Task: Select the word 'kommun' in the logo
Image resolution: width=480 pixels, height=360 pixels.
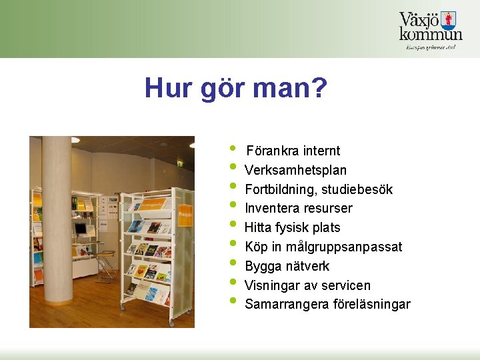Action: pyautogui.click(x=431, y=34)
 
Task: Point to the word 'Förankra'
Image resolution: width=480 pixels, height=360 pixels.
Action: pyautogui.click(x=272, y=151)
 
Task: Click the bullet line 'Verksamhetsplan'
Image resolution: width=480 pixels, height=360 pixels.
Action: pyautogui.click(x=295, y=171)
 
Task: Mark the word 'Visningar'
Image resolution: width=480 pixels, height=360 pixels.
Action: pyautogui.click(x=270, y=286)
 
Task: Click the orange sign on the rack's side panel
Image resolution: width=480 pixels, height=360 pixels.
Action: pyautogui.click(x=185, y=215)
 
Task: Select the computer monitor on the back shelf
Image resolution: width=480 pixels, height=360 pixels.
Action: pyautogui.click(x=81, y=229)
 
